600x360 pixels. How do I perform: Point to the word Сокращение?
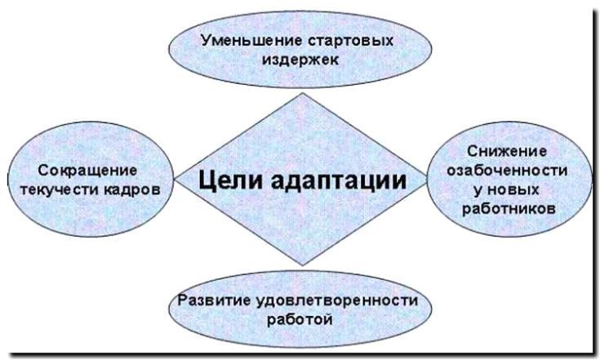point(87,171)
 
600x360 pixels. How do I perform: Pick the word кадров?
point(136,189)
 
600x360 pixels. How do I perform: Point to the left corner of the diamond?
point(174,179)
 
